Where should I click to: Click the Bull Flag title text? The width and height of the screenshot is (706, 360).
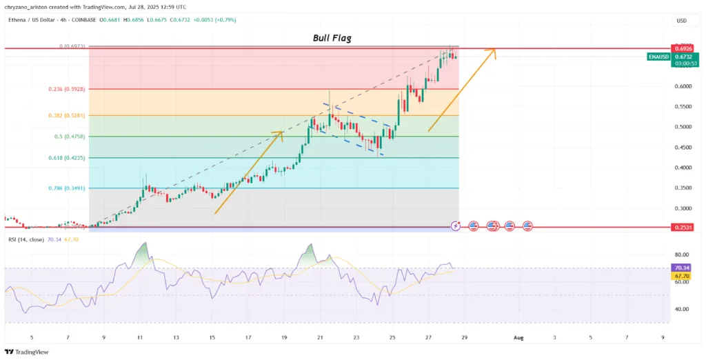coord(332,39)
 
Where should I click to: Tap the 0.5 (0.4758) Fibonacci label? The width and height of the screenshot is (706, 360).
coord(68,137)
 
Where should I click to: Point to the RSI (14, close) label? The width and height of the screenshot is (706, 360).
coord(26,239)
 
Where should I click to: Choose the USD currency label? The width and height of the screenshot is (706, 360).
coord(682,21)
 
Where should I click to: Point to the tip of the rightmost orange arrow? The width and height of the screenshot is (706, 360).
coord(495,50)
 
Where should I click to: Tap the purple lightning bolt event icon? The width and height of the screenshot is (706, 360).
coord(456,226)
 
